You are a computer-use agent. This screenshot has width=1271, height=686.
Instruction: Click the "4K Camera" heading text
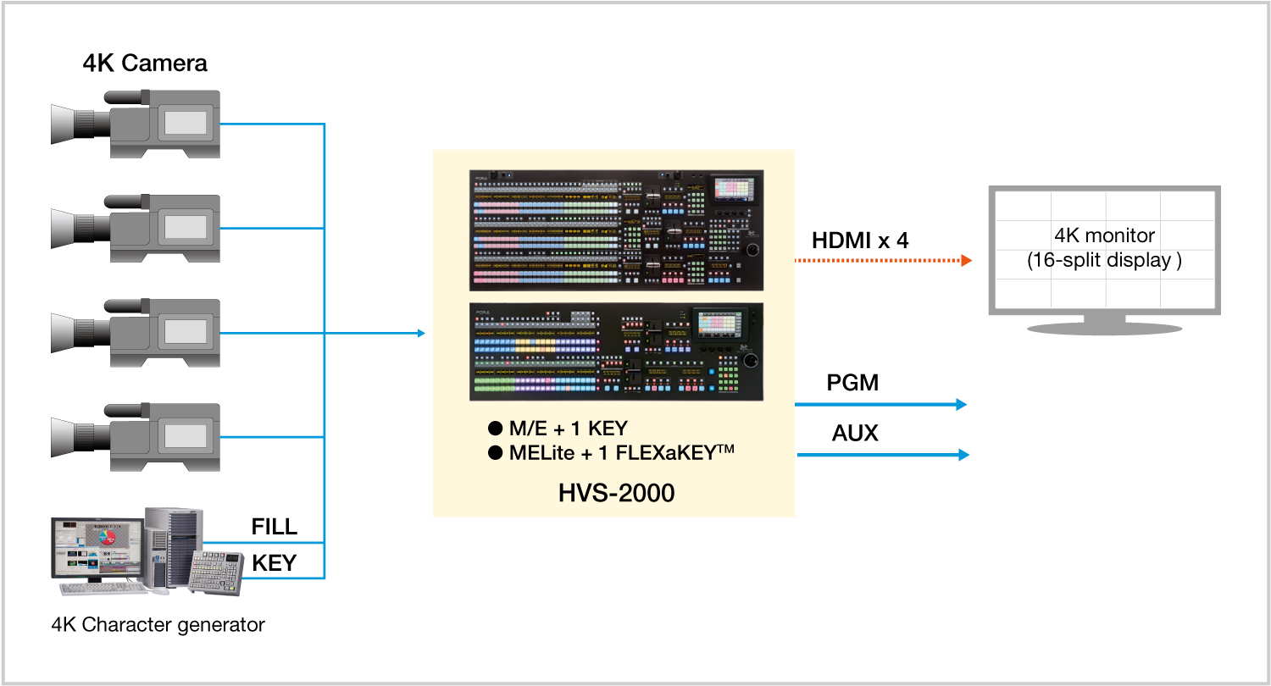click(x=145, y=64)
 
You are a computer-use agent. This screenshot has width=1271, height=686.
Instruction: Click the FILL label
click(x=274, y=527)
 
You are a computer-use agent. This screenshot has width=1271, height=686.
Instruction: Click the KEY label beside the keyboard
click(x=274, y=563)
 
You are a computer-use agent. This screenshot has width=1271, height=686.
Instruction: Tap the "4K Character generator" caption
click(x=158, y=626)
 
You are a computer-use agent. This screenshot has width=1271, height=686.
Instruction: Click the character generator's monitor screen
click(x=96, y=548)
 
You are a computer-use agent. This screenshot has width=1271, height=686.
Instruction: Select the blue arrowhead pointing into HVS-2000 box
click(x=421, y=334)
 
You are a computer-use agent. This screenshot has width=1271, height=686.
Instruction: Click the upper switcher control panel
click(x=616, y=230)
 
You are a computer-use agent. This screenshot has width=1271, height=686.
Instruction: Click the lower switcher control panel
click(x=616, y=351)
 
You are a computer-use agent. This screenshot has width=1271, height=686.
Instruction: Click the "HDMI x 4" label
click(x=860, y=241)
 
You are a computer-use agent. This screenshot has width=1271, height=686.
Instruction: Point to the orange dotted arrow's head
click(x=967, y=261)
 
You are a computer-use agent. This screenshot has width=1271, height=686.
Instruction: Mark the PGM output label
click(x=852, y=383)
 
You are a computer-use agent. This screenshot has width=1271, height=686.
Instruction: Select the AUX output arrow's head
click(x=963, y=456)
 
